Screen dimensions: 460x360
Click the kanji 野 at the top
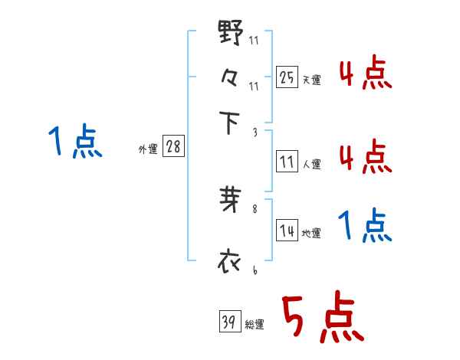point(231,34)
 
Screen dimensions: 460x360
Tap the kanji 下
point(231,123)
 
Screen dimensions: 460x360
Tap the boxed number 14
point(287,231)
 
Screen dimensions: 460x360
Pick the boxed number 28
point(173,147)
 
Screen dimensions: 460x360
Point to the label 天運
point(311,80)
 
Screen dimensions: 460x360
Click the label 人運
point(311,164)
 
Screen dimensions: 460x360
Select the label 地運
point(311,234)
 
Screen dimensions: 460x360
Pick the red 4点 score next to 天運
point(365,74)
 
